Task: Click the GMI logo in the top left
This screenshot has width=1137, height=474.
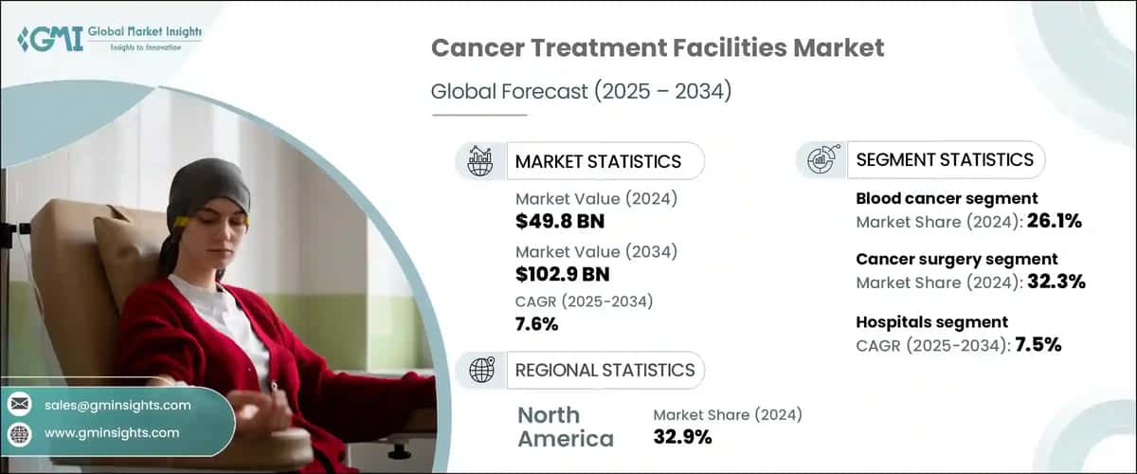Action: (109, 38)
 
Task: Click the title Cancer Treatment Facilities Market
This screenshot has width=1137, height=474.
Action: (658, 48)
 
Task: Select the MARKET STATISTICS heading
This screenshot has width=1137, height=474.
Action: (597, 161)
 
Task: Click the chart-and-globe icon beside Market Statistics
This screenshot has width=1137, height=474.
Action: (480, 161)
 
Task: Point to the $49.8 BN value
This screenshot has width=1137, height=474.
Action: (560, 222)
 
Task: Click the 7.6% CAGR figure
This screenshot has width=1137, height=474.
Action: (536, 325)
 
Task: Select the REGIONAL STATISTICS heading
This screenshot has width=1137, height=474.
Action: (605, 370)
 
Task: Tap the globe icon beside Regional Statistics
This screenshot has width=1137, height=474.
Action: (481, 370)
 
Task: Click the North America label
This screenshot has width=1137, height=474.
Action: (565, 427)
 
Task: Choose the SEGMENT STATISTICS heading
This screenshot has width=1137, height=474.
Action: (944, 159)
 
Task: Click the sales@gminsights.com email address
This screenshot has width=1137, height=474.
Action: (117, 405)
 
